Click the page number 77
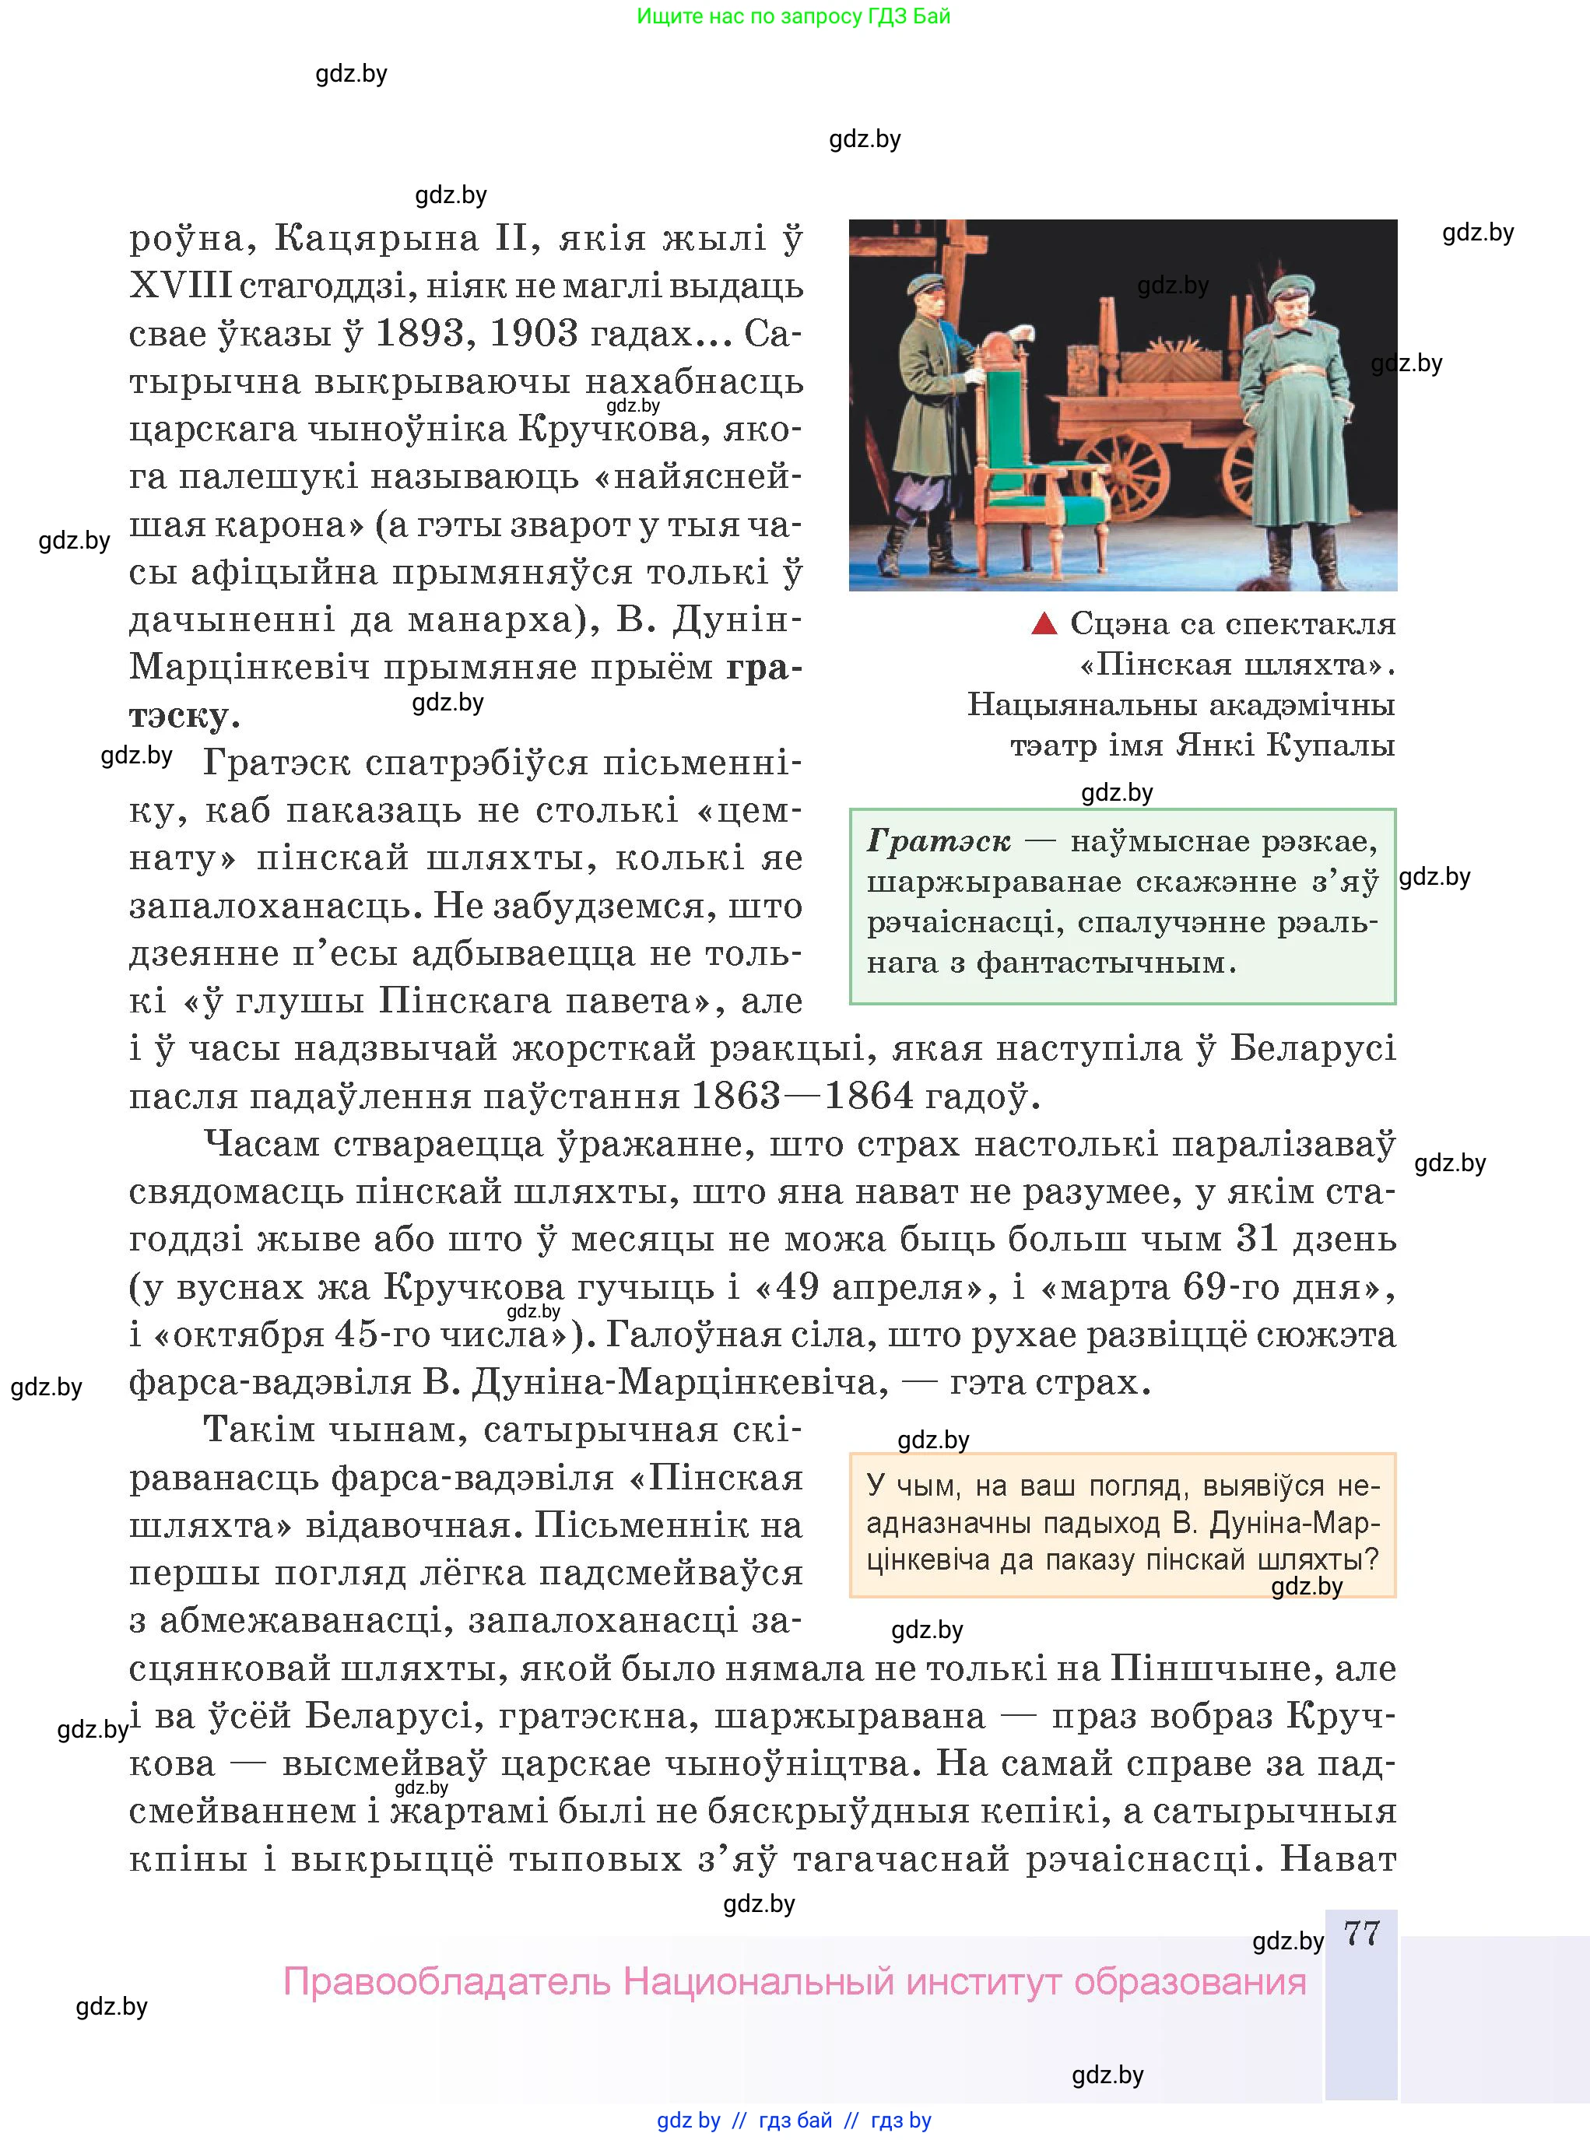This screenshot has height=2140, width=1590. pos(1362,1933)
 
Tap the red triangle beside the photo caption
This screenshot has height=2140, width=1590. pos(1044,624)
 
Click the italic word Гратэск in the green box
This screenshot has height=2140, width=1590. pos(939,841)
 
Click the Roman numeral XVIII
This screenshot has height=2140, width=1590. pos(181,286)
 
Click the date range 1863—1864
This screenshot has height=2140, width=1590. pos(802,1096)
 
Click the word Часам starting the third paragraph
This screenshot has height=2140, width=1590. pos(261,1144)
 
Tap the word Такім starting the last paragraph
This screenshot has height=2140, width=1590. pos(261,1430)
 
